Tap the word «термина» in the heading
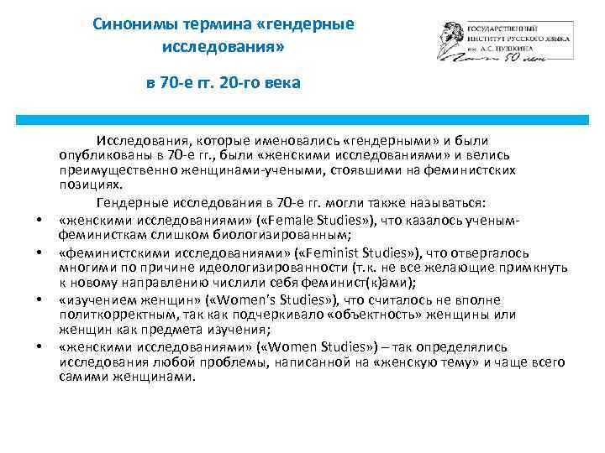pyautogui.click(x=207, y=24)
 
